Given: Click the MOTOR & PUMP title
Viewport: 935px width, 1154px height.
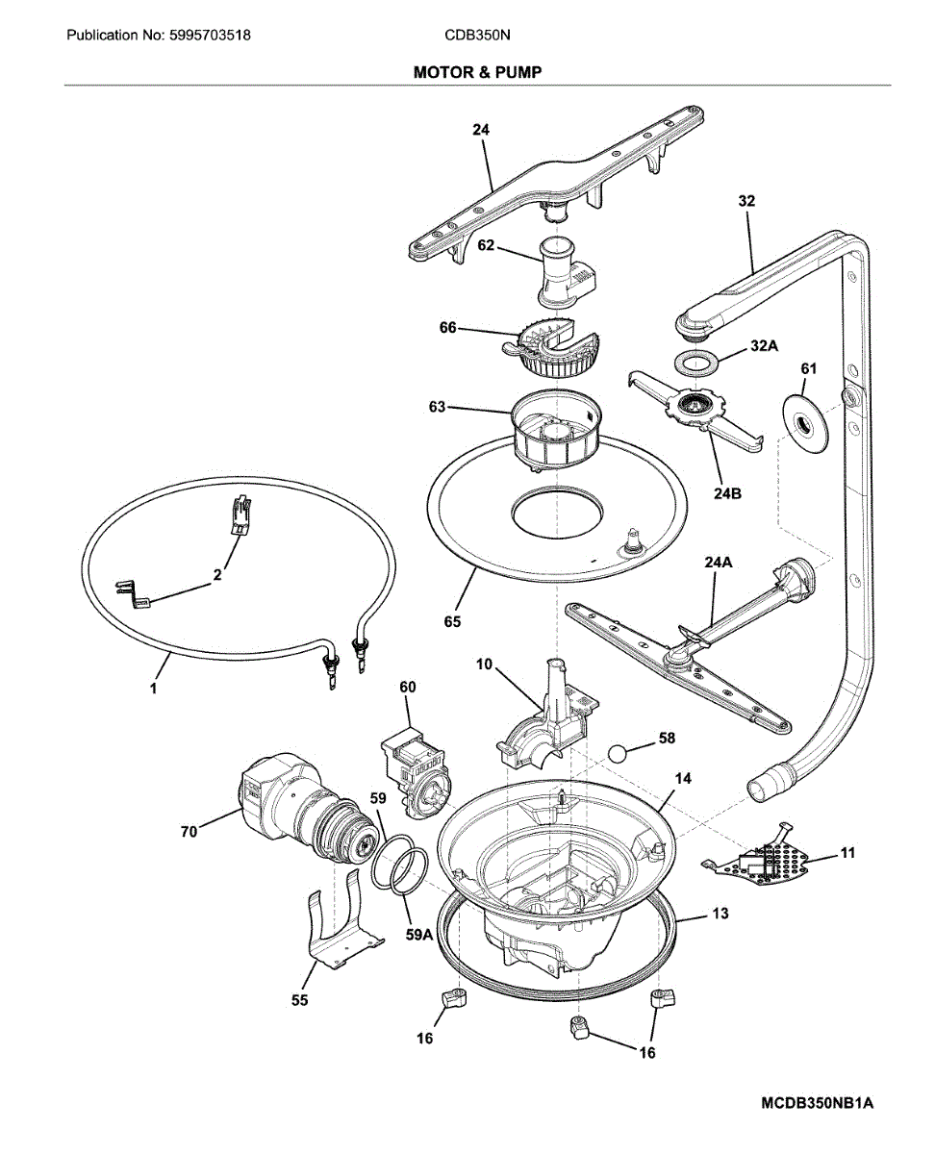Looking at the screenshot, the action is tap(477, 72).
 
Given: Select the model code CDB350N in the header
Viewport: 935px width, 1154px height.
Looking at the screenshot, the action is tap(477, 36).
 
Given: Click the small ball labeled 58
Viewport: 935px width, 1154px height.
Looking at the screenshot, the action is tap(619, 755).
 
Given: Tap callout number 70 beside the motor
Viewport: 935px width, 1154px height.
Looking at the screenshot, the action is tap(189, 832).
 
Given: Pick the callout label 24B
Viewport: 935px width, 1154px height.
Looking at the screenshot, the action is tap(727, 493).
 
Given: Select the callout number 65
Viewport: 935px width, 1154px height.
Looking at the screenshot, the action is tap(452, 621).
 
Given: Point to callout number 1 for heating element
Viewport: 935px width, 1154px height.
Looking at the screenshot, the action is tap(153, 688).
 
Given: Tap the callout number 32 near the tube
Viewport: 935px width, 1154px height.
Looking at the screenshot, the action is tap(746, 201).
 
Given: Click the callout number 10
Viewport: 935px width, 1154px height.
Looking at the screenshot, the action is tap(484, 664).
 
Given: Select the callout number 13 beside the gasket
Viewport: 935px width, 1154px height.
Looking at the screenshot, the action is tap(720, 914).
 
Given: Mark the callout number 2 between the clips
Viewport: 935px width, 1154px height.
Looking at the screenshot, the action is tap(216, 574).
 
